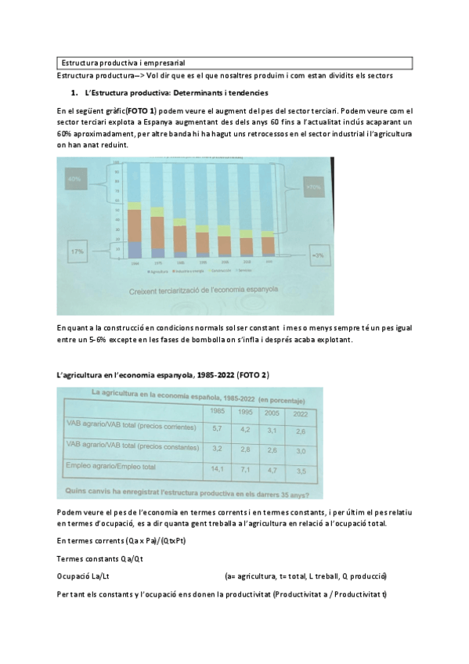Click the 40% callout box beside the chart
(x=75, y=179)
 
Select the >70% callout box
(x=315, y=188)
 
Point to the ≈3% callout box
(x=318, y=255)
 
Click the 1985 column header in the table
(x=218, y=411)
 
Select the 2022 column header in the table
(x=300, y=413)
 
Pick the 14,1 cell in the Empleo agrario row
(x=218, y=469)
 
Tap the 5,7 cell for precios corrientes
(x=218, y=428)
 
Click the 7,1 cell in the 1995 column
(x=245, y=470)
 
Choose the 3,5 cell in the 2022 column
(x=300, y=471)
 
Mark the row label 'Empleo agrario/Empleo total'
(x=112, y=467)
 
